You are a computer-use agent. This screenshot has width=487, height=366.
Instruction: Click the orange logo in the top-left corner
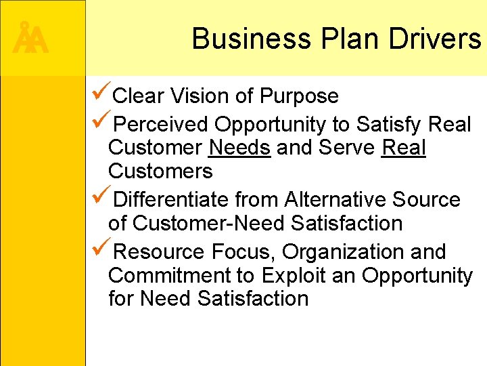click(x=30, y=39)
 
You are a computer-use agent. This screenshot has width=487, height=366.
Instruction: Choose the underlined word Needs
click(x=240, y=148)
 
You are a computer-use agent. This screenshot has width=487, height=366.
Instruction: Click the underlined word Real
click(x=404, y=148)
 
